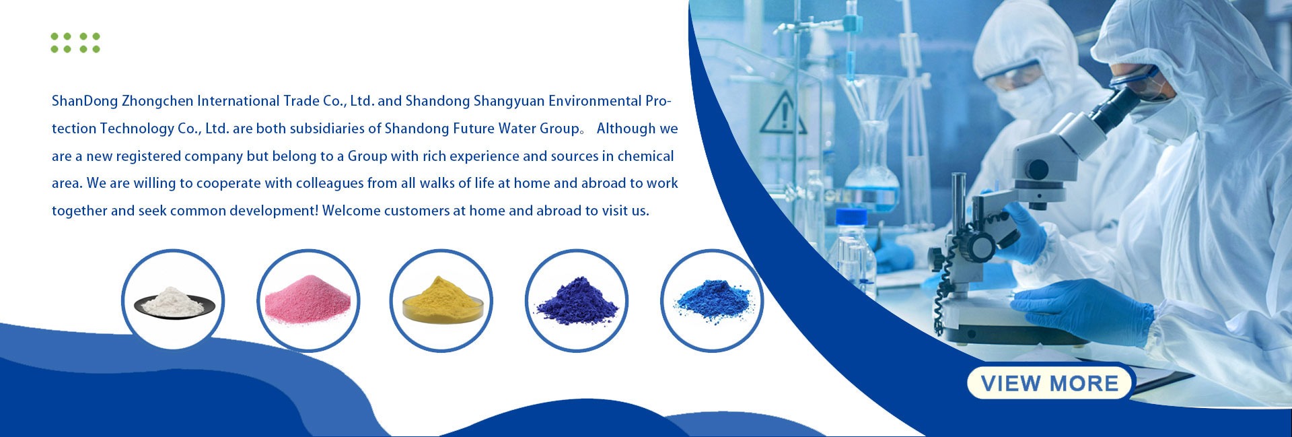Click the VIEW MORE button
click(x=1051, y=383)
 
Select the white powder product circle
click(x=173, y=300)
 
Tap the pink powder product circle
click(x=308, y=300)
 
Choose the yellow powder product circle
click(x=441, y=300)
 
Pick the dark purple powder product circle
click(x=577, y=300)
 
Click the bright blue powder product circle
click(x=712, y=300)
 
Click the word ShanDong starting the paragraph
click(x=85, y=102)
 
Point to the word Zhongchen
click(x=157, y=102)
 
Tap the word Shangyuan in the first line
click(x=509, y=102)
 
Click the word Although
click(x=626, y=129)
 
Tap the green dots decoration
click(x=75, y=42)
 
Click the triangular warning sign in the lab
click(x=783, y=115)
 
